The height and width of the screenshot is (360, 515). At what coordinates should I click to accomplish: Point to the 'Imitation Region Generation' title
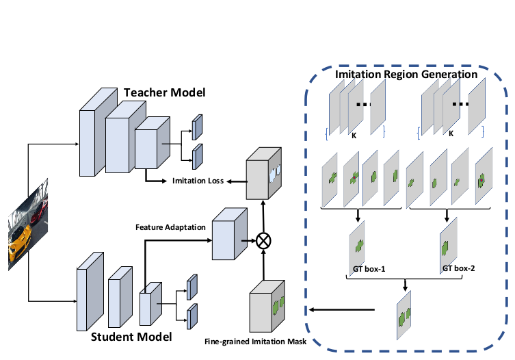point(406,73)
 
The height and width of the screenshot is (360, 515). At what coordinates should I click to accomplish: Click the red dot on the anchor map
point(481,179)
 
